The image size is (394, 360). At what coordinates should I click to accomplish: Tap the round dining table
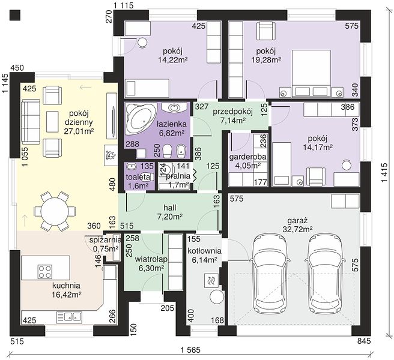pos(55,211)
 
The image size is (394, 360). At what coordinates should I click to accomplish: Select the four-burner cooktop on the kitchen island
pos(44,272)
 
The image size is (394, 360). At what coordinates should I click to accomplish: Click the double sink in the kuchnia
pos(68,317)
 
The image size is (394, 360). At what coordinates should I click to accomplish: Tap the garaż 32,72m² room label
pos(300,224)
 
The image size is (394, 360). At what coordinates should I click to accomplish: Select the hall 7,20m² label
pos(170,212)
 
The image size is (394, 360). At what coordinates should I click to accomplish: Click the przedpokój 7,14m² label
pos(232,116)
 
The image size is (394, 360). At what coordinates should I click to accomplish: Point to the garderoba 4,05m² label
pos(247,161)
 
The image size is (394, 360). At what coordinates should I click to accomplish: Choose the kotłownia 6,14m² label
pos(204,255)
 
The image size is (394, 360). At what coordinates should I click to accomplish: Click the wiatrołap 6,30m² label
pos(151,263)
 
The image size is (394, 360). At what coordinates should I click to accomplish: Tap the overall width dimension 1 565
pos(190,350)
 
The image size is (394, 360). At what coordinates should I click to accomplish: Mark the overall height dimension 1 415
pos(384,173)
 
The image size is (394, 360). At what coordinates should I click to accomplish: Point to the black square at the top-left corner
pos(15,15)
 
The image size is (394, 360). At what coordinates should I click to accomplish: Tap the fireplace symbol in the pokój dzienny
pos(111,155)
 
